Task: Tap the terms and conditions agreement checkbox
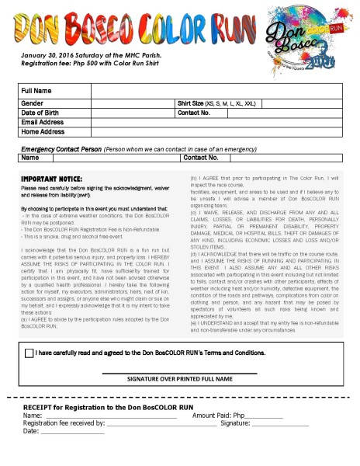(x=29, y=353)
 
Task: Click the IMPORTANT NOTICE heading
(x=52, y=179)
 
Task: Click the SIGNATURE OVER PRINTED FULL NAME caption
(x=181, y=380)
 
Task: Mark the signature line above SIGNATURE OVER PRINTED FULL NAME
(x=181, y=372)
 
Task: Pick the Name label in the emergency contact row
(x=31, y=157)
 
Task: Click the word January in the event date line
(x=36, y=56)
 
